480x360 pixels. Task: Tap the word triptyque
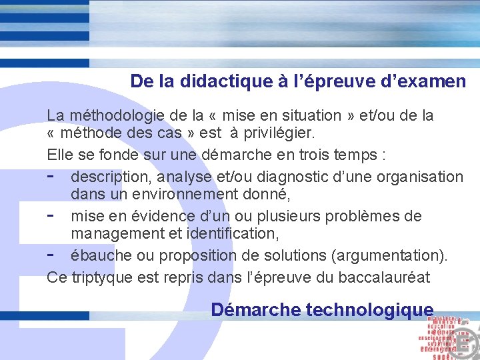(x=97, y=277)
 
